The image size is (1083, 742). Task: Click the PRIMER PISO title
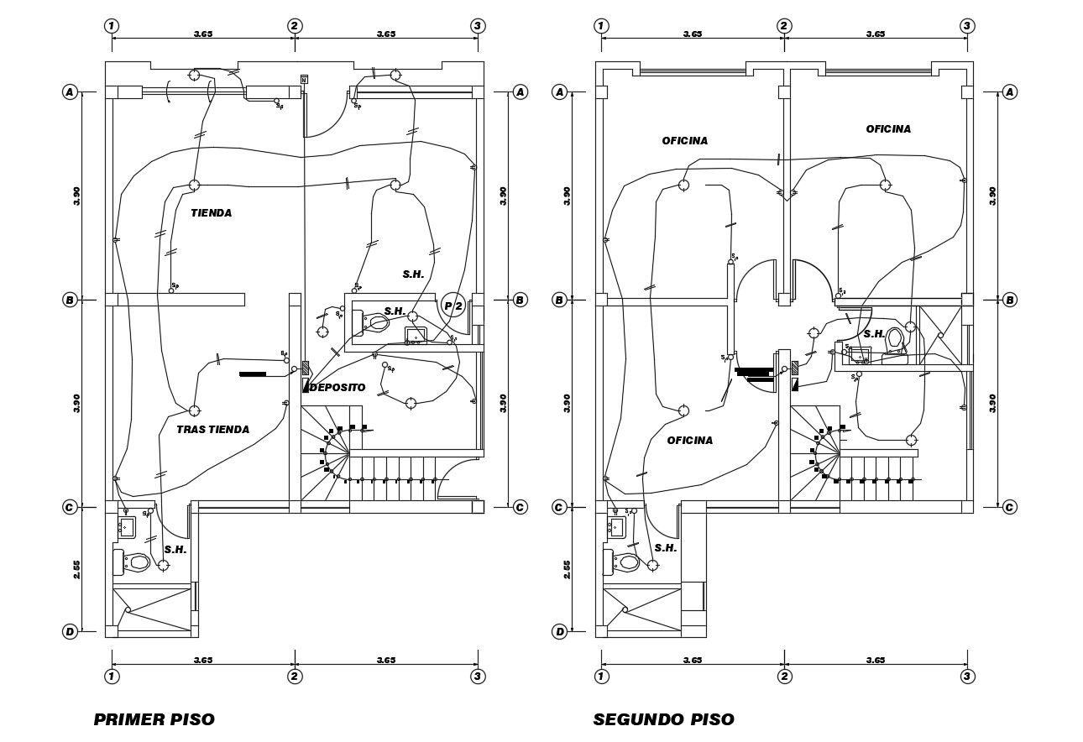pyautogui.click(x=154, y=719)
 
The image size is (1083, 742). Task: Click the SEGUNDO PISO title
pyautogui.click(x=663, y=719)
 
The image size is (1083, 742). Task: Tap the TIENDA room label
pyautogui.click(x=211, y=213)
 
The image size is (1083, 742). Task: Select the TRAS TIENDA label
pyautogui.click(x=212, y=430)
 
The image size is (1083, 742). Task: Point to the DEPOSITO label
pyautogui.click(x=337, y=388)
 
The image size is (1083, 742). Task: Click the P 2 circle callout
pyautogui.click(x=453, y=306)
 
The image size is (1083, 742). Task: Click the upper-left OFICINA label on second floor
pyautogui.click(x=684, y=141)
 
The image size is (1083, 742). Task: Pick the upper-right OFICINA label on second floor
pyautogui.click(x=888, y=129)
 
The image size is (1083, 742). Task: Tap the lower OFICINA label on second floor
pyautogui.click(x=689, y=441)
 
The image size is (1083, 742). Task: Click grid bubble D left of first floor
pyautogui.click(x=71, y=631)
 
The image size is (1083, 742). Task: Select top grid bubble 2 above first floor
pyautogui.click(x=295, y=26)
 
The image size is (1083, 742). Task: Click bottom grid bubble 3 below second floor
pyautogui.click(x=967, y=677)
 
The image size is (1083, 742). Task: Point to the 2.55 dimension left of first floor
pyautogui.click(x=76, y=569)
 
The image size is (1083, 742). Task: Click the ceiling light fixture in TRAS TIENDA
pyautogui.click(x=194, y=410)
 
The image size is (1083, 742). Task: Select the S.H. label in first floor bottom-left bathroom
pyautogui.click(x=175, y=550)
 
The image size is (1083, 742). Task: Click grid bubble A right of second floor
pyautogui.click(x=1010, y=91)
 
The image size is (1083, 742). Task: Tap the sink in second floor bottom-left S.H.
pyautogui.click(x=616, y=527)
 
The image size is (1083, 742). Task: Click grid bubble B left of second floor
pyautogui.click(x=560, y=300)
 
